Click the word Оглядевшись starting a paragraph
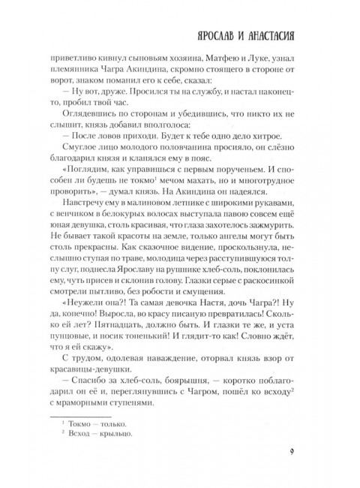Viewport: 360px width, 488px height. point(96,123)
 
